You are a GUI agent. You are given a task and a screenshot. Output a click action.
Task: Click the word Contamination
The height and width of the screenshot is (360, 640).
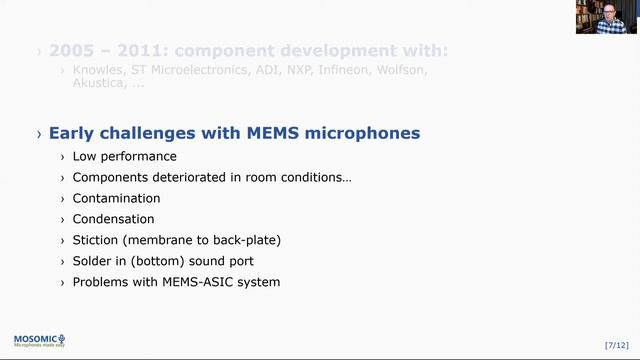116,198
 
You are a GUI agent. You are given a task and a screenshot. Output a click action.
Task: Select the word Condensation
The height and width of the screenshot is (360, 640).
113,219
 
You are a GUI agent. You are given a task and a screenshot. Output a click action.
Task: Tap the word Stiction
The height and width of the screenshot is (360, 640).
96,240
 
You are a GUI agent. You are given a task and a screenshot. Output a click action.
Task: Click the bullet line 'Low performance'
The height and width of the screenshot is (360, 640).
124,156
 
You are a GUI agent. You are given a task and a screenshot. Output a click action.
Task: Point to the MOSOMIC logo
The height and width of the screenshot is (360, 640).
39,341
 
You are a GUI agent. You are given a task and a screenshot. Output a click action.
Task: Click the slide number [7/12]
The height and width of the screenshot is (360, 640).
617,345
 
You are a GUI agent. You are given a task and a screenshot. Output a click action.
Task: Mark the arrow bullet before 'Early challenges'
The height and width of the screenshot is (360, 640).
39,134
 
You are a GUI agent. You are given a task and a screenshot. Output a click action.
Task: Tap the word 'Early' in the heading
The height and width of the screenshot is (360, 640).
71,133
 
